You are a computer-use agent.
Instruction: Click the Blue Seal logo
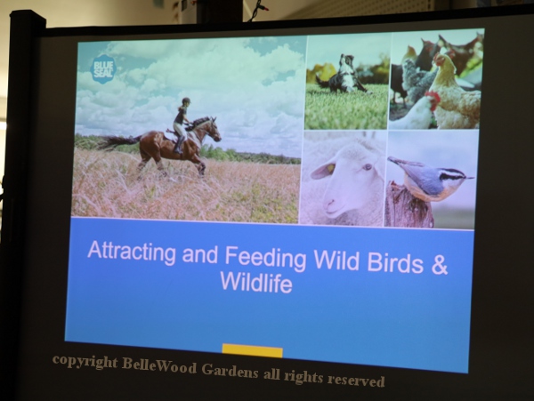point(103,69)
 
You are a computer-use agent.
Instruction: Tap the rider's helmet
point(186,100)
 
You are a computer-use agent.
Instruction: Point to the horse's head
point(214,129)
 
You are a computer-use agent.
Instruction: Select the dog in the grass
point(344,75)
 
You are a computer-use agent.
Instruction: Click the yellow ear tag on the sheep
point(330,168)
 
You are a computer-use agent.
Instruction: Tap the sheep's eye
point(367,167)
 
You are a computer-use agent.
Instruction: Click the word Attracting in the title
point(132,252)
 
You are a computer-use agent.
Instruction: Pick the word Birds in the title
point(394,262)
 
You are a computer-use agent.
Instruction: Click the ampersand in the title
point(440,265)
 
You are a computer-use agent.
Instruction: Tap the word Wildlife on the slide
point(256,281)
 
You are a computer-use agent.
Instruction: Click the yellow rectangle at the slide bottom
point(253,350)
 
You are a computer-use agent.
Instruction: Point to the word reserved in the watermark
point(356,380)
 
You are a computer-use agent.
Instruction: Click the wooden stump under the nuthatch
point(409,205)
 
